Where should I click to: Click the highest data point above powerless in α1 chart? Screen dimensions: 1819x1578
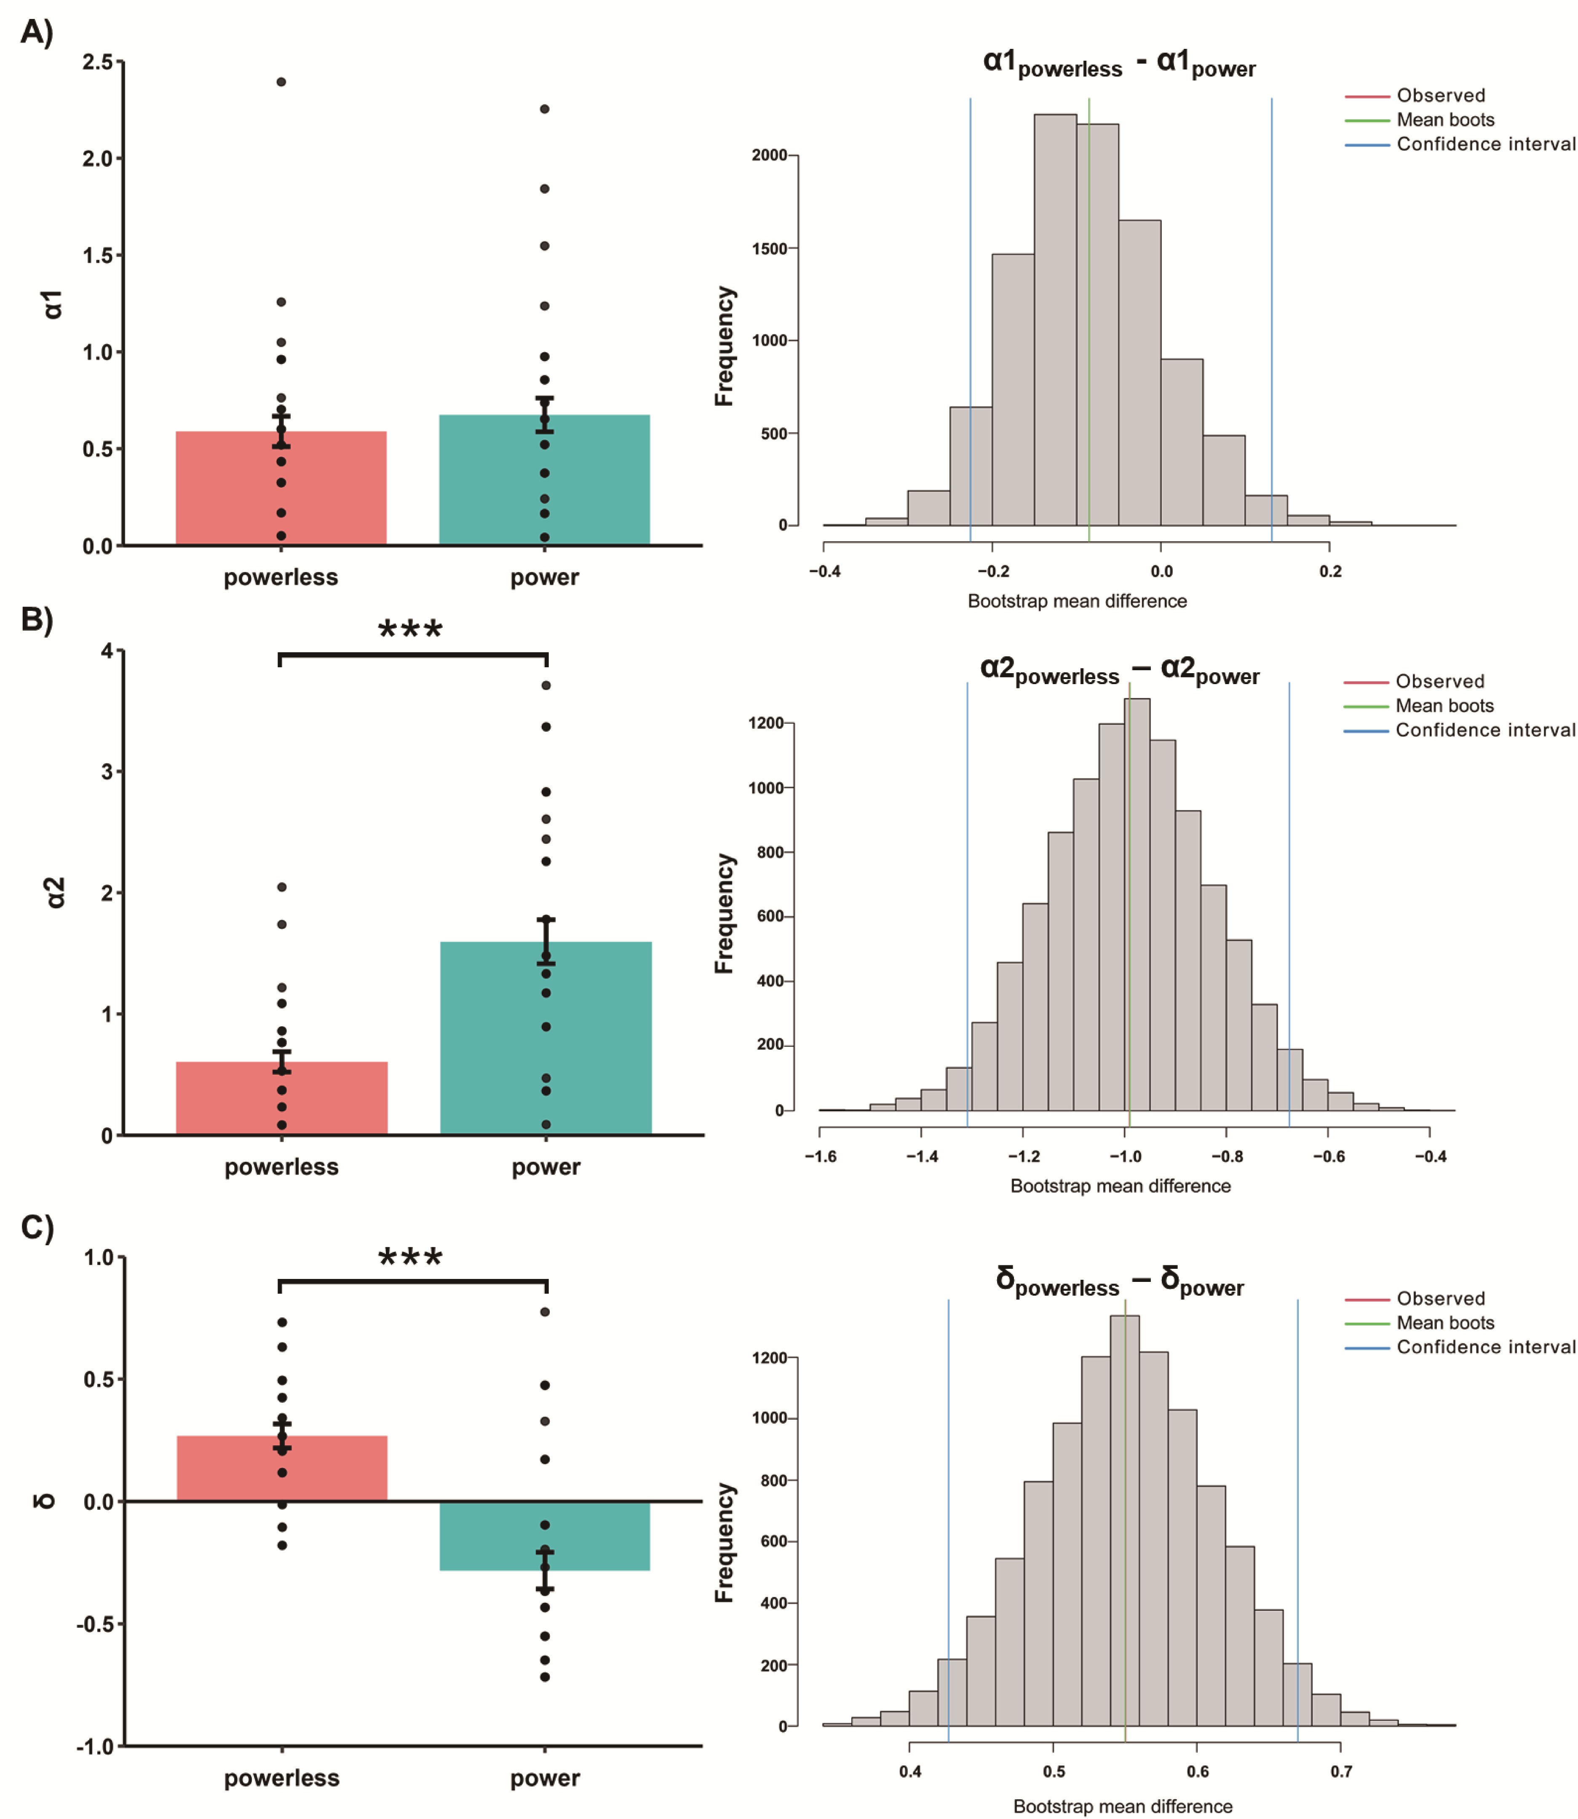(281, 82)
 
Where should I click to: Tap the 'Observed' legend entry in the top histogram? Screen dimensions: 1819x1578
(1441, 95)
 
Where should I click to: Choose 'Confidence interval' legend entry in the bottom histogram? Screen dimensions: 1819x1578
(1486, 1347)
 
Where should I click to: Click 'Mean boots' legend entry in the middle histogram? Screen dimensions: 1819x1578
(1444, 705)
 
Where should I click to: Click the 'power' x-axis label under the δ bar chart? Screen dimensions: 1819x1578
(545, 1778)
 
